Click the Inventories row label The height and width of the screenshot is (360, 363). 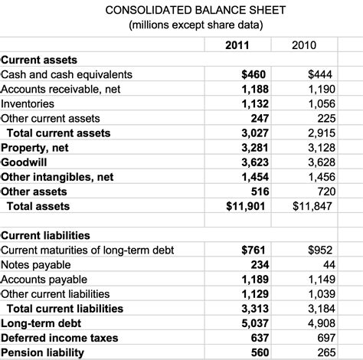pyautogui.click(x=28, y=103)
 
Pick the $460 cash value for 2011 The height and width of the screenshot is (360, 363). pyautogui.click(x=253, y=74)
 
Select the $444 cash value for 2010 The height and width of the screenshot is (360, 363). pyautogui.click(x=319, y=74)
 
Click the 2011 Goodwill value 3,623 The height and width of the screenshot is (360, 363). pyautogui.click(x=250, y=162)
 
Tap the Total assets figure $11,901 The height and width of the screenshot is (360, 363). pyautogui.click(x=246, y=206)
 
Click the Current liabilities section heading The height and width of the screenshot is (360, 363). pyautogui.click(x=45, y=235)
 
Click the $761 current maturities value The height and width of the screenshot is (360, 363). pyautogui.click(x=253, y=250)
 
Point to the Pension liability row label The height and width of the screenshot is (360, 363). pyautogui.click(x=42, y=352)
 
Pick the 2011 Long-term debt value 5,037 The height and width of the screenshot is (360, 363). pyautogui.click(x=250, y=323)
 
